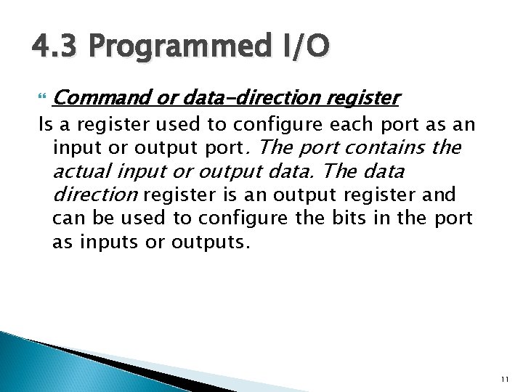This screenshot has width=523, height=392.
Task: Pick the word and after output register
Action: [x=440, y=195]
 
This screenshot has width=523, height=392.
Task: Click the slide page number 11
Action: [x=504, y=379]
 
